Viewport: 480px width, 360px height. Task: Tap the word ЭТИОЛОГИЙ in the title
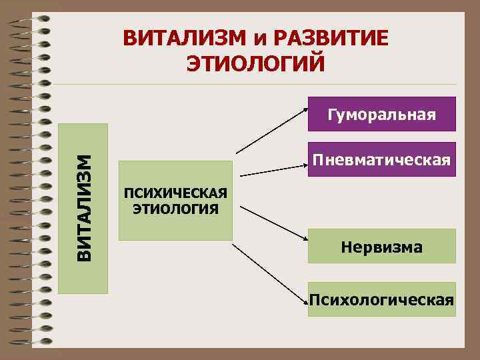[x=256, y=65]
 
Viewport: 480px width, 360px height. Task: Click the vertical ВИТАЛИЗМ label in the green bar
[x=83, y=208]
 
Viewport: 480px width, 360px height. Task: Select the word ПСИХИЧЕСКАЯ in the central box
[x=175, y=194]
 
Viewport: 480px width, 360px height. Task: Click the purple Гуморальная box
[x=381, y=114]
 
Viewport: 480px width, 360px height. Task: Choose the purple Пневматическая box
[x=381, y=160]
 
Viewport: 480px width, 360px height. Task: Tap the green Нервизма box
[x=381, y=247]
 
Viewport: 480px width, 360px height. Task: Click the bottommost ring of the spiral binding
[x=33, y=344]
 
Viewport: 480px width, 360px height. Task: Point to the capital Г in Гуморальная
[x=331, y=114]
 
